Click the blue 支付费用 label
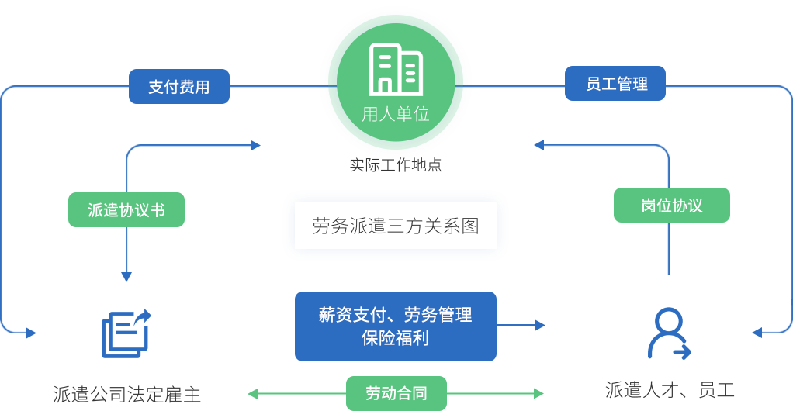[179, 87]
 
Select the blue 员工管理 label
[616, 84]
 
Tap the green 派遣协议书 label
[126, 209]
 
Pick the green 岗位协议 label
[672, 205]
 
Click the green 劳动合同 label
[396, 393]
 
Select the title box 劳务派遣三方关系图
[396, 226]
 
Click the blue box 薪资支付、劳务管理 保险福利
[396, 326]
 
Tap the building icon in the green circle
[396, 69]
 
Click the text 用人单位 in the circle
[396, 115]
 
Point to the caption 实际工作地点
[396, 164]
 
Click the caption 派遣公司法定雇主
[127, 394]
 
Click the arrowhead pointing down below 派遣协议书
[126, 277]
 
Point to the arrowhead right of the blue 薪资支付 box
[540, 326]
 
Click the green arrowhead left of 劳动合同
[253, 393]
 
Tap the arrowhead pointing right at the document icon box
[31, 333]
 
